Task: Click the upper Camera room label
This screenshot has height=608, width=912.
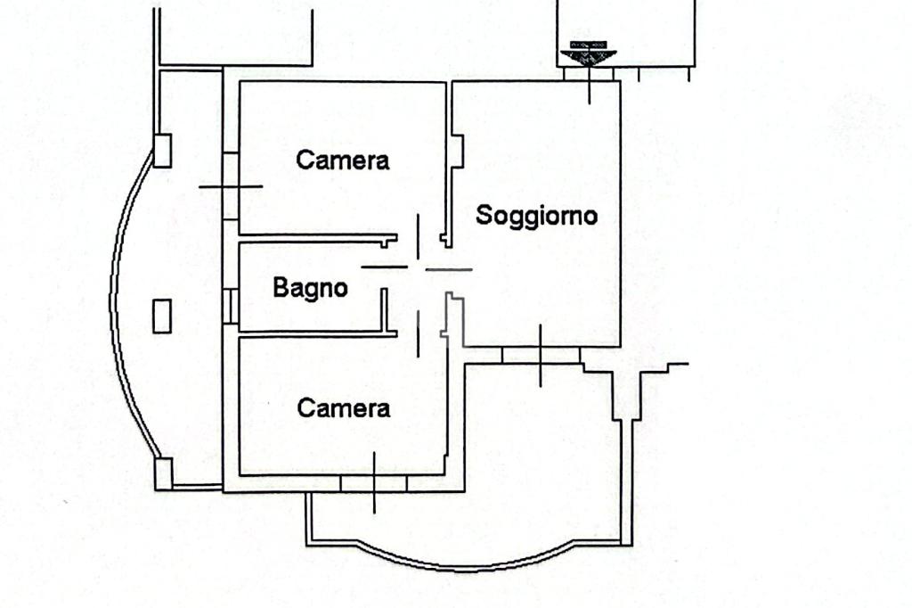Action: [343, 160]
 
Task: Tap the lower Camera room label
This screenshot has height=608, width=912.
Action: [344, 408]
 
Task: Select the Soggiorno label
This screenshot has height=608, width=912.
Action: [536, 216]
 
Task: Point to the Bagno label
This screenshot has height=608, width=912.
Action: [310, 288]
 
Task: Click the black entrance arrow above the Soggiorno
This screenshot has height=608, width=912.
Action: [588, 54]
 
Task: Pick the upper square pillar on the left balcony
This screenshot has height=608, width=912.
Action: [162, 150]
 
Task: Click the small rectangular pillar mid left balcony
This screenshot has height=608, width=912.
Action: [162, 316]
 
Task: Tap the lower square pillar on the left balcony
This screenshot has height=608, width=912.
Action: [163, 472]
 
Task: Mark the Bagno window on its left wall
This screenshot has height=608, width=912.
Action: [231, 306]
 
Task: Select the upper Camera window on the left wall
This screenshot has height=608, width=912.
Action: [231, 186]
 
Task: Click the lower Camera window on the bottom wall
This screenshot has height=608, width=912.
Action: [373, 483]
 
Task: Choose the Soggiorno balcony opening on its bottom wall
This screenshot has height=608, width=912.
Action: [541, 355]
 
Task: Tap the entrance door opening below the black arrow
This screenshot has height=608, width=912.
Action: [590, 75]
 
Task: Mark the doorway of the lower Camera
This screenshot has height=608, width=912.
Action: [419, 333]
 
